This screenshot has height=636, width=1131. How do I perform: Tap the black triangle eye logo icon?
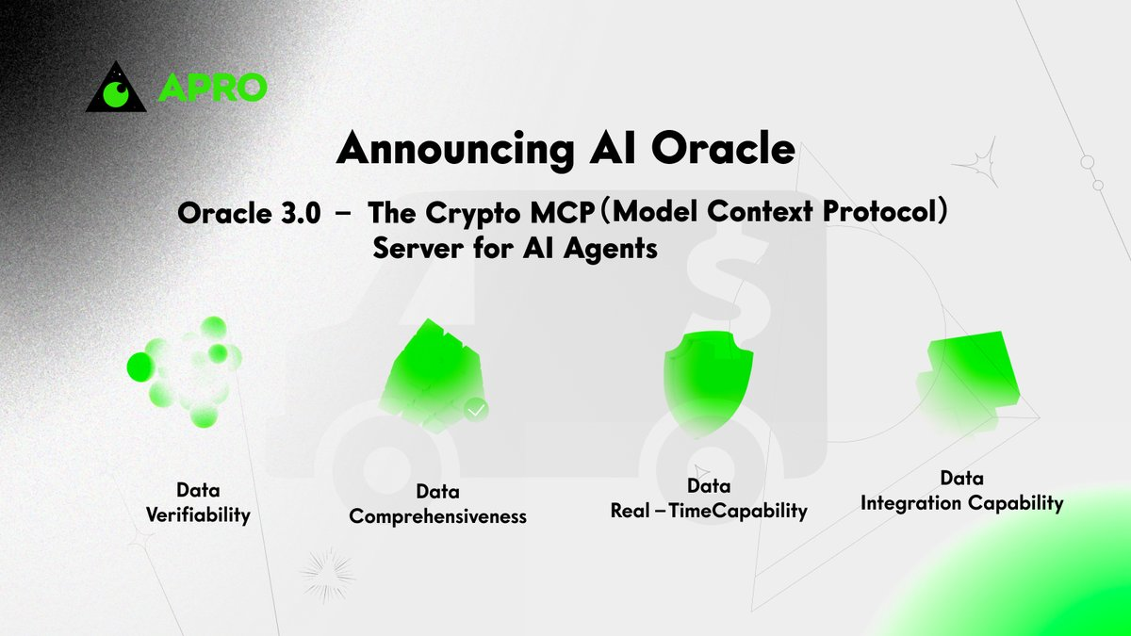pyautogui.click(x=118, y=89)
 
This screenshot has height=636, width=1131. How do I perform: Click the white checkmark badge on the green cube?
pyautogui.click(x=477, y=409)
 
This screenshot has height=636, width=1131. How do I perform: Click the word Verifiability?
pyautogui.click(x=198, y=515)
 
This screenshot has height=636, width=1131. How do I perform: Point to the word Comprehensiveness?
pyautogui.click(x=437, y=517)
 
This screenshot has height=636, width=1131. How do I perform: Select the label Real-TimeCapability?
pyautogui.click(x=709, y=511)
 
